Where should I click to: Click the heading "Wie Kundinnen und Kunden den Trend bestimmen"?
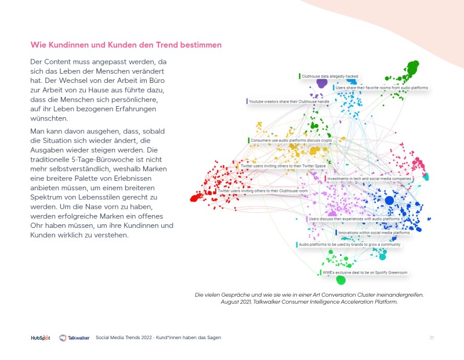(x=125, y=44)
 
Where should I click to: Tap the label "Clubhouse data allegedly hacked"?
(x=329, y=76)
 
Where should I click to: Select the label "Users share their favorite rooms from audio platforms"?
(x=382, y=88)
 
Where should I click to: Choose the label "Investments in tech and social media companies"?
(x=369, y=179)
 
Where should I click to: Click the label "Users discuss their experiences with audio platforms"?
(x=354, y=219)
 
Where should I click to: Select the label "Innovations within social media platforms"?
(x=373, y=232)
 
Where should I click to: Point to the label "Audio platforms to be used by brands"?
(x=349, y=245)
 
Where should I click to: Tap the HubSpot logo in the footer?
(x=41, y=337)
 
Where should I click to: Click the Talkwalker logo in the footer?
(x=74, y=337)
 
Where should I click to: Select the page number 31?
(x=432, y=337)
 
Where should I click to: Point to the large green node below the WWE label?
(x=341, y=281)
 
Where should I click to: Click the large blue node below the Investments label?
(x=389, y=201)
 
